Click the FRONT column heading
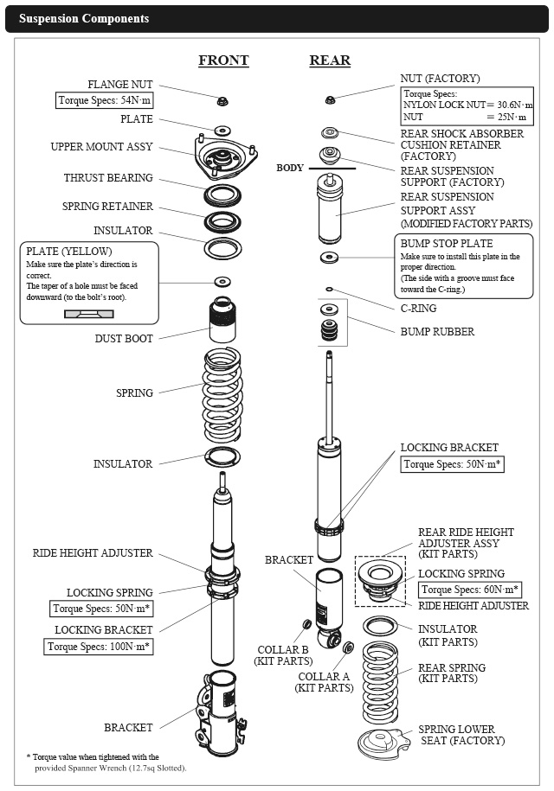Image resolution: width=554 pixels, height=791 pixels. (x=223, y=61)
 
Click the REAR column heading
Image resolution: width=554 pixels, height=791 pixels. (x=330, y=61)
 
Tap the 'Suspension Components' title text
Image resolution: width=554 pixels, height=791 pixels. (x=84, y=18)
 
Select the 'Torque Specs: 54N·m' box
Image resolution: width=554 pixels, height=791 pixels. (x=105, y=100)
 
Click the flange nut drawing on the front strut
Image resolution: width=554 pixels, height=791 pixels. (x=222, y=100)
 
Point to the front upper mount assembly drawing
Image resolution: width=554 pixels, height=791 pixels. (x=222, y=158)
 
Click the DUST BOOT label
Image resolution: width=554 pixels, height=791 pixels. (x=124, y=339)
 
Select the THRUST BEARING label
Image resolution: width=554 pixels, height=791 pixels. (x=108, y=178)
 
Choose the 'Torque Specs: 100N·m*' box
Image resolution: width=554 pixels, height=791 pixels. (x=99, y=646)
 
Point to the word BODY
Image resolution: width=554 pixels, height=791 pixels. (x=290, y=168)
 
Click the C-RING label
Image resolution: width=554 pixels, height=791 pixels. (x=418, y=309)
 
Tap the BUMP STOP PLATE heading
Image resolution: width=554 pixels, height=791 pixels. (x=447, y=244)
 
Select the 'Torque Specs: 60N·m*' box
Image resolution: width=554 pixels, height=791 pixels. (x=471, y=590)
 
